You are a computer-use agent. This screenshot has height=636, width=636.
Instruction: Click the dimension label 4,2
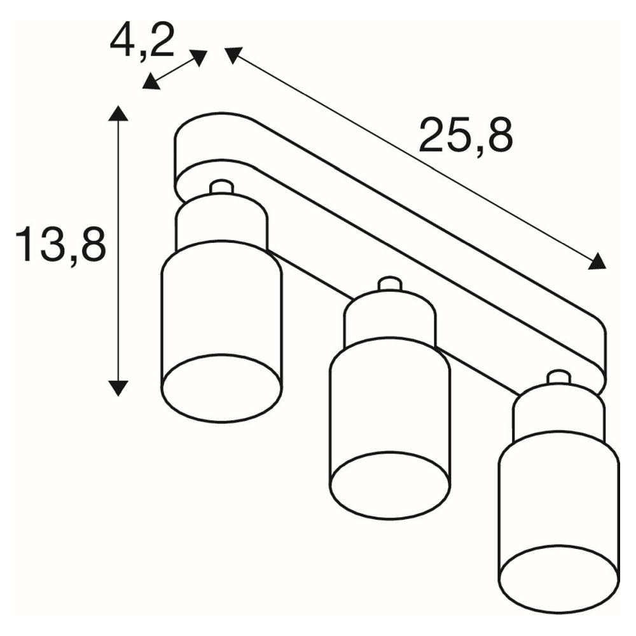coord(142,41)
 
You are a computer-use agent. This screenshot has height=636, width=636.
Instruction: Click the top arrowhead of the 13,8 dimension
coord(118,113)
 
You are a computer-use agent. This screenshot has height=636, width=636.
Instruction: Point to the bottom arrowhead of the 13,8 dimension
coord(118,388)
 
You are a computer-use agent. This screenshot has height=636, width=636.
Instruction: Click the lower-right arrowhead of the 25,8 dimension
coord(597,261)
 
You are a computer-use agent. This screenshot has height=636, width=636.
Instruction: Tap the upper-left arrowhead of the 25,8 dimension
coord(233,55)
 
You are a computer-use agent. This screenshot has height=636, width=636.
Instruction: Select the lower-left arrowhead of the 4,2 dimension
coord(151,81)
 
